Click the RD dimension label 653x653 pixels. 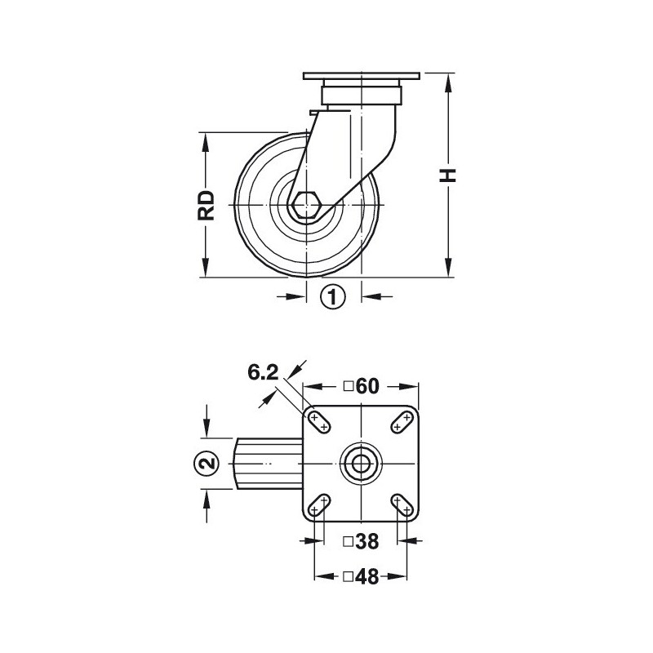point(206,206)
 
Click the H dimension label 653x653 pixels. point(448,175)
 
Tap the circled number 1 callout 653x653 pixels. point(333,297)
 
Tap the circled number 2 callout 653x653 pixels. point(207,463)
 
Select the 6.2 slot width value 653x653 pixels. point(263,372)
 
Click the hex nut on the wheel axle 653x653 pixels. point(306,206)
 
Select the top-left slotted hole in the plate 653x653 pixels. point(319,422)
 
